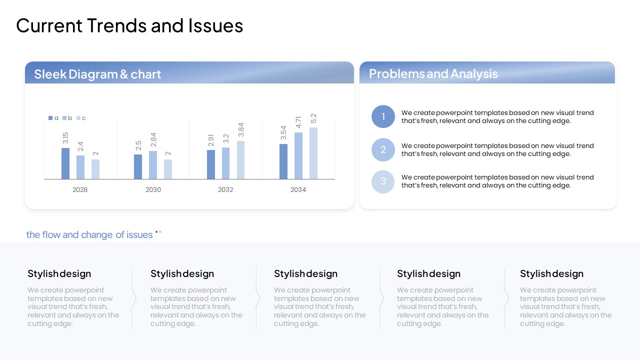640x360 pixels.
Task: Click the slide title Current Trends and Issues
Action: tap(129, 25)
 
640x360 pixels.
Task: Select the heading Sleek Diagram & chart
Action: tap(97, 74)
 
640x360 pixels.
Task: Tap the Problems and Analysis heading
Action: tap(433, 73)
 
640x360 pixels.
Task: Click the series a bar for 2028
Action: tap(65, 163)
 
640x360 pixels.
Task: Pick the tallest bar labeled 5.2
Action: tap(313, 153)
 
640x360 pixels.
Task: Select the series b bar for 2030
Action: tap(153, 165)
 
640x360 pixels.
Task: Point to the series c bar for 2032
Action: tap(240, 160)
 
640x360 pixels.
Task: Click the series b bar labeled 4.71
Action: tap(298, 155)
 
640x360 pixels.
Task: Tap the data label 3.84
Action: tap(241, 129)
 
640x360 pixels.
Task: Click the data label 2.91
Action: tap(211, 140)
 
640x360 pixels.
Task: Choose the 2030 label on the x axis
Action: tap(153, 189)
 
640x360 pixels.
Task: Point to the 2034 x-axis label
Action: tap(298, 189)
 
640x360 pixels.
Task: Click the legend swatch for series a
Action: tap(50, 118)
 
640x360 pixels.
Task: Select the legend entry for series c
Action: tap(81, 118)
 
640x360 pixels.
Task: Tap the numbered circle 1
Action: tap(383, 116)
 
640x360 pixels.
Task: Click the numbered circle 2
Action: tap(383, 149)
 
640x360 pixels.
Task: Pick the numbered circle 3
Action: tap(383, 181)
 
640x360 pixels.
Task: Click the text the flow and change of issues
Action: tap(89, 234)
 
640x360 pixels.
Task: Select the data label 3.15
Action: tap(65, 138)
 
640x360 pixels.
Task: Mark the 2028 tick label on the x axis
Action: tap(80, 189)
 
